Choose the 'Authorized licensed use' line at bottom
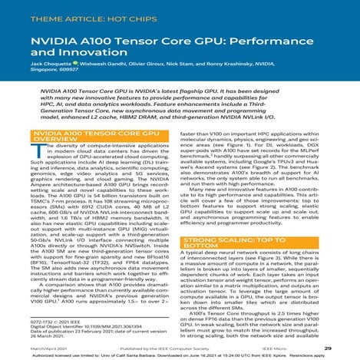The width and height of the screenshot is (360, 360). tap(180, 356)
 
